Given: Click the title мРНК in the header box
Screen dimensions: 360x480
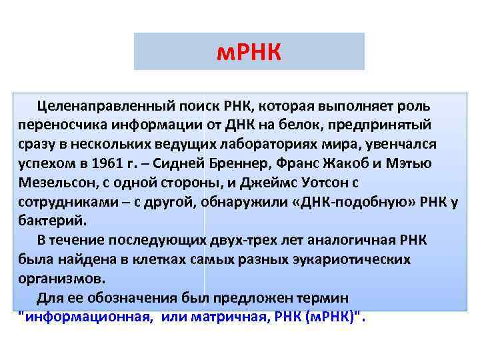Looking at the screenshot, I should pos(249,51).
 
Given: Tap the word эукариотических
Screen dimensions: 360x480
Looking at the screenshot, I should pos(335,259).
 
